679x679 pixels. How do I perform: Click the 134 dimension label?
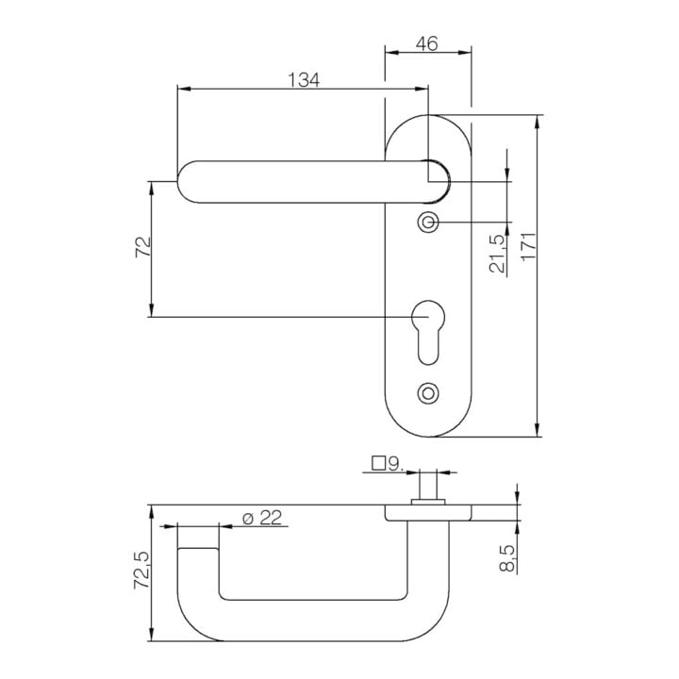304,79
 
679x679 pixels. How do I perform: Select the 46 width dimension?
427,43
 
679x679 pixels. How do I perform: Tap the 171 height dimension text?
529,246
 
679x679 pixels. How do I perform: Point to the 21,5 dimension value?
497,254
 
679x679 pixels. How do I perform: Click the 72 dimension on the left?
143,247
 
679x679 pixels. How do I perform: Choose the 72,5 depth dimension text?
142,570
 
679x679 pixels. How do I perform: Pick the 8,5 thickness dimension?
507,558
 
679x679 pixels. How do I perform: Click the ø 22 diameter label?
262,518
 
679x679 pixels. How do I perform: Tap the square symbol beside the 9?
379,463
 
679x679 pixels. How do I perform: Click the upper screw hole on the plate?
428,223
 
